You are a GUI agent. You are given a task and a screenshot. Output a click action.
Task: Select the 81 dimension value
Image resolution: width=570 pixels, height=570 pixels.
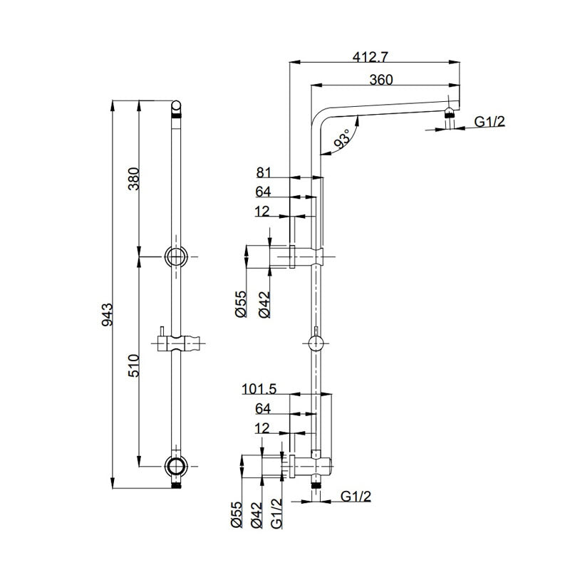point(264,172)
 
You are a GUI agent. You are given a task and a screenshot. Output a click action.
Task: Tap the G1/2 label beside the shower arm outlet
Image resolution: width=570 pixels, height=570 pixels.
point(489,122)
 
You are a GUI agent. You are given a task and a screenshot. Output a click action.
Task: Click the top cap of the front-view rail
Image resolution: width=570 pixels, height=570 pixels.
point(176,109)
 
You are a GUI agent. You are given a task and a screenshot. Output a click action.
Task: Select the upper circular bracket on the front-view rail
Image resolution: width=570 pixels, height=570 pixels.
point(176,256)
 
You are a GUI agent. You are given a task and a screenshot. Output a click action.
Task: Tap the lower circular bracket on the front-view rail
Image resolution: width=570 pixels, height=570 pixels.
point(176,466)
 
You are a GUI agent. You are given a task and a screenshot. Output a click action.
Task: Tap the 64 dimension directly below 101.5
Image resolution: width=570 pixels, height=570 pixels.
point(262,408)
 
